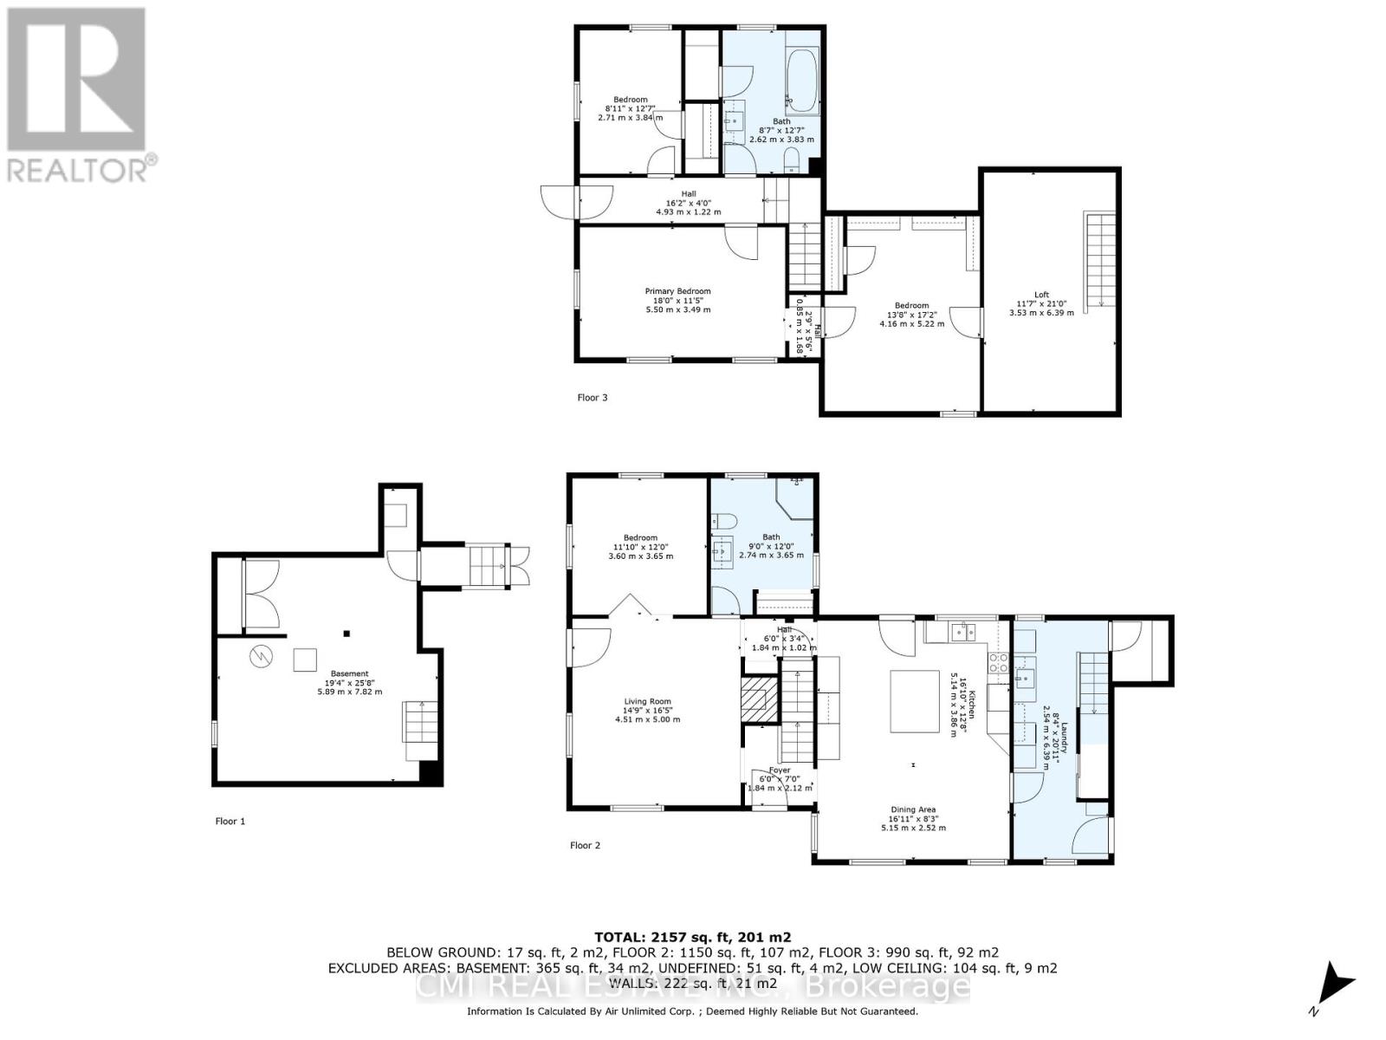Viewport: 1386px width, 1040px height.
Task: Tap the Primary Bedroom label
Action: [x=677, y=300]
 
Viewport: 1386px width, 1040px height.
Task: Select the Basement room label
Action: [x=349, y=682]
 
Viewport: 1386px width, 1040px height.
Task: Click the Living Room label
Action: [x=647, y=710]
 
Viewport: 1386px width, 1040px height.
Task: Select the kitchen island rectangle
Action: [x=916, y=701]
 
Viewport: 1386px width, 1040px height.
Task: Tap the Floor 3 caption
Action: [x=593, y=398]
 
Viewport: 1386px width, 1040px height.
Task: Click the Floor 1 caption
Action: [x=230, y=821]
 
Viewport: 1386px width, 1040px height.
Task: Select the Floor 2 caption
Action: [x=585, y=845]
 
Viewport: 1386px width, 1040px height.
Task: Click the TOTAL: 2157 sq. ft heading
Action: [x=692, y=937]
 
